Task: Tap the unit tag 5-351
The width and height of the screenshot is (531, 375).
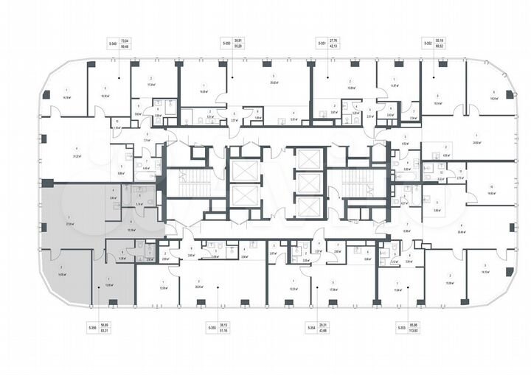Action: (322, 44)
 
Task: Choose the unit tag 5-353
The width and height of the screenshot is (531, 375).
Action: (403, 327)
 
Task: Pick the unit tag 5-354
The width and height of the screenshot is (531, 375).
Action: (311, 327)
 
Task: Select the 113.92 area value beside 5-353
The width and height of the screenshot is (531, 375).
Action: (423, 331)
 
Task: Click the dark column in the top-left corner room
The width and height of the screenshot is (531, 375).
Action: (46, 94)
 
